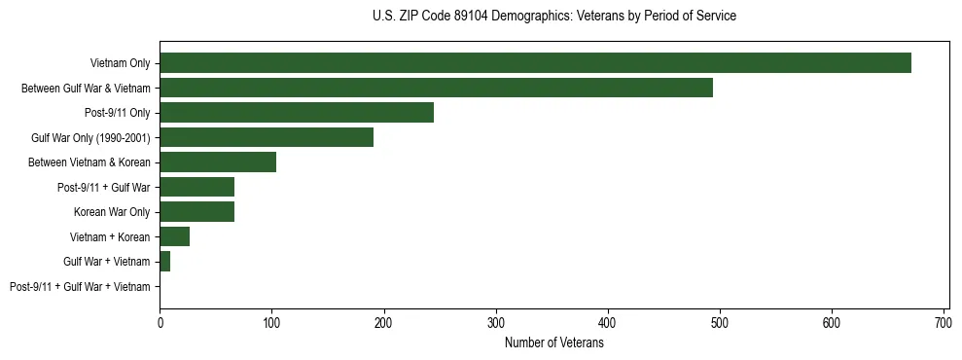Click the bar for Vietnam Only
(535, 63)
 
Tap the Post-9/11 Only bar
(297, 113)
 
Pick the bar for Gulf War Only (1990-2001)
(267, 137)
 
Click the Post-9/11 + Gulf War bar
(196, 187)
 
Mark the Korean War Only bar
(196, 212)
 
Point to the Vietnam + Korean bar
(174, 236)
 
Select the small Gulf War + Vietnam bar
(165, 262)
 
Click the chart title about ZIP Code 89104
(554, 17)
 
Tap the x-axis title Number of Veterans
(554, 343)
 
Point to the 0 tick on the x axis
(160, 322)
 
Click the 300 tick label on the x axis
(496, 322)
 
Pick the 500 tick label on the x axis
(720, 322)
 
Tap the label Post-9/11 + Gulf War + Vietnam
(80, 287)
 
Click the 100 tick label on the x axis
(271, 322)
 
